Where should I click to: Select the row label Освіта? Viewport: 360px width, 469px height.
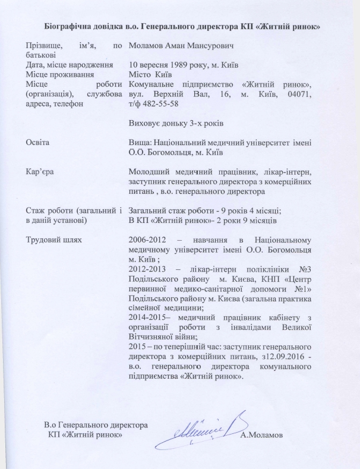(37, 143)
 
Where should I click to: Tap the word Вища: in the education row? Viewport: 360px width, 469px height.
(142, 143)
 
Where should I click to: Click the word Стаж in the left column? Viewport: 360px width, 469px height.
(36, 210)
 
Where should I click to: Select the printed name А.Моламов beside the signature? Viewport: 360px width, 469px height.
(262, 435)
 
